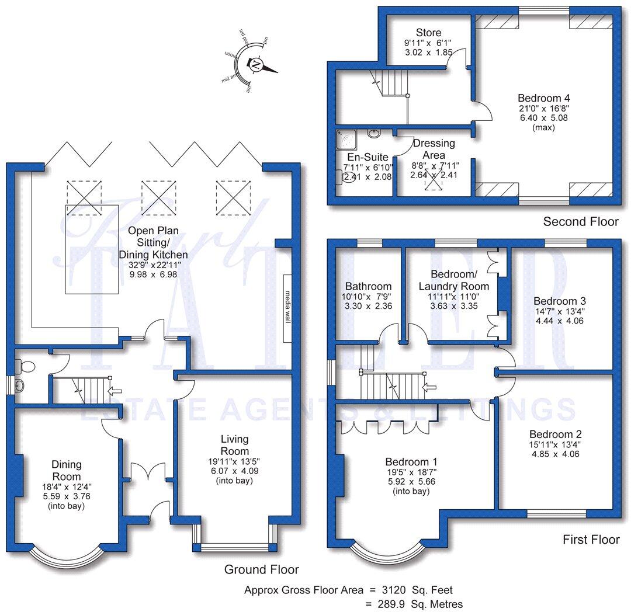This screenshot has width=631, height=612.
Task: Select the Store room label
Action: [x=428, y=33]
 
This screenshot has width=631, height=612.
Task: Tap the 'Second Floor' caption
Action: [x=580, y=221]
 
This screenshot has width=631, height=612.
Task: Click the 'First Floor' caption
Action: [x=591, y=539]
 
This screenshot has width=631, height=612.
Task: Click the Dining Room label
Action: [x=65, y=471]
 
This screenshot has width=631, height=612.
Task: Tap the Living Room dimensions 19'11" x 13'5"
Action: [x=234, y=462]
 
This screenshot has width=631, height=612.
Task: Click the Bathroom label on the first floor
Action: [x=368, y=286]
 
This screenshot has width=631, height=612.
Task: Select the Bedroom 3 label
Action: [x=558, y=301]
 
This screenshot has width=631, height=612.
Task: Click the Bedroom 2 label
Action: [x=555, y=434]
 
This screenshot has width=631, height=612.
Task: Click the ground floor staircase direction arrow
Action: [x=115, y=391]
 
